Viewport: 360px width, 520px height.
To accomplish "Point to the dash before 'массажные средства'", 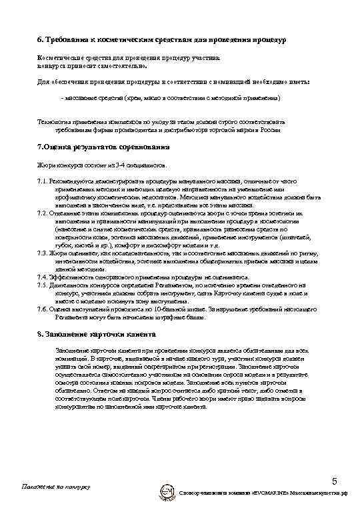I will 61,98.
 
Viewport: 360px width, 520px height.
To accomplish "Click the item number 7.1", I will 44,181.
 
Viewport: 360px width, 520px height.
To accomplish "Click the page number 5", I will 335,481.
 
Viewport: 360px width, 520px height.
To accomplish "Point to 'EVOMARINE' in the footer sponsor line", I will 269,493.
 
